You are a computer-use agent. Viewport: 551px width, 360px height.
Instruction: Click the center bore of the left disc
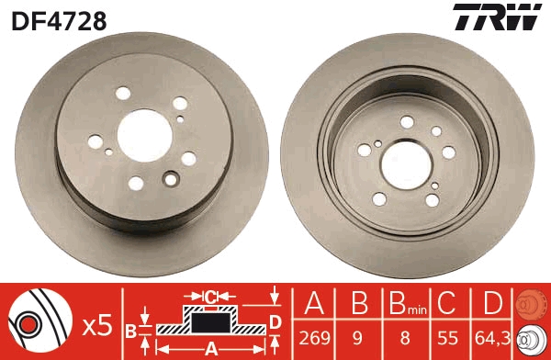coord(140,128)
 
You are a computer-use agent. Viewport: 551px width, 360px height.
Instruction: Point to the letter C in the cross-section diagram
coord(209,296)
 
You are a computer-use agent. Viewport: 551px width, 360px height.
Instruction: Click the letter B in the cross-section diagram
coord(131,330)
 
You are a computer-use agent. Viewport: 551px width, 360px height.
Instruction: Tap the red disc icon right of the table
coord(533,302)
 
